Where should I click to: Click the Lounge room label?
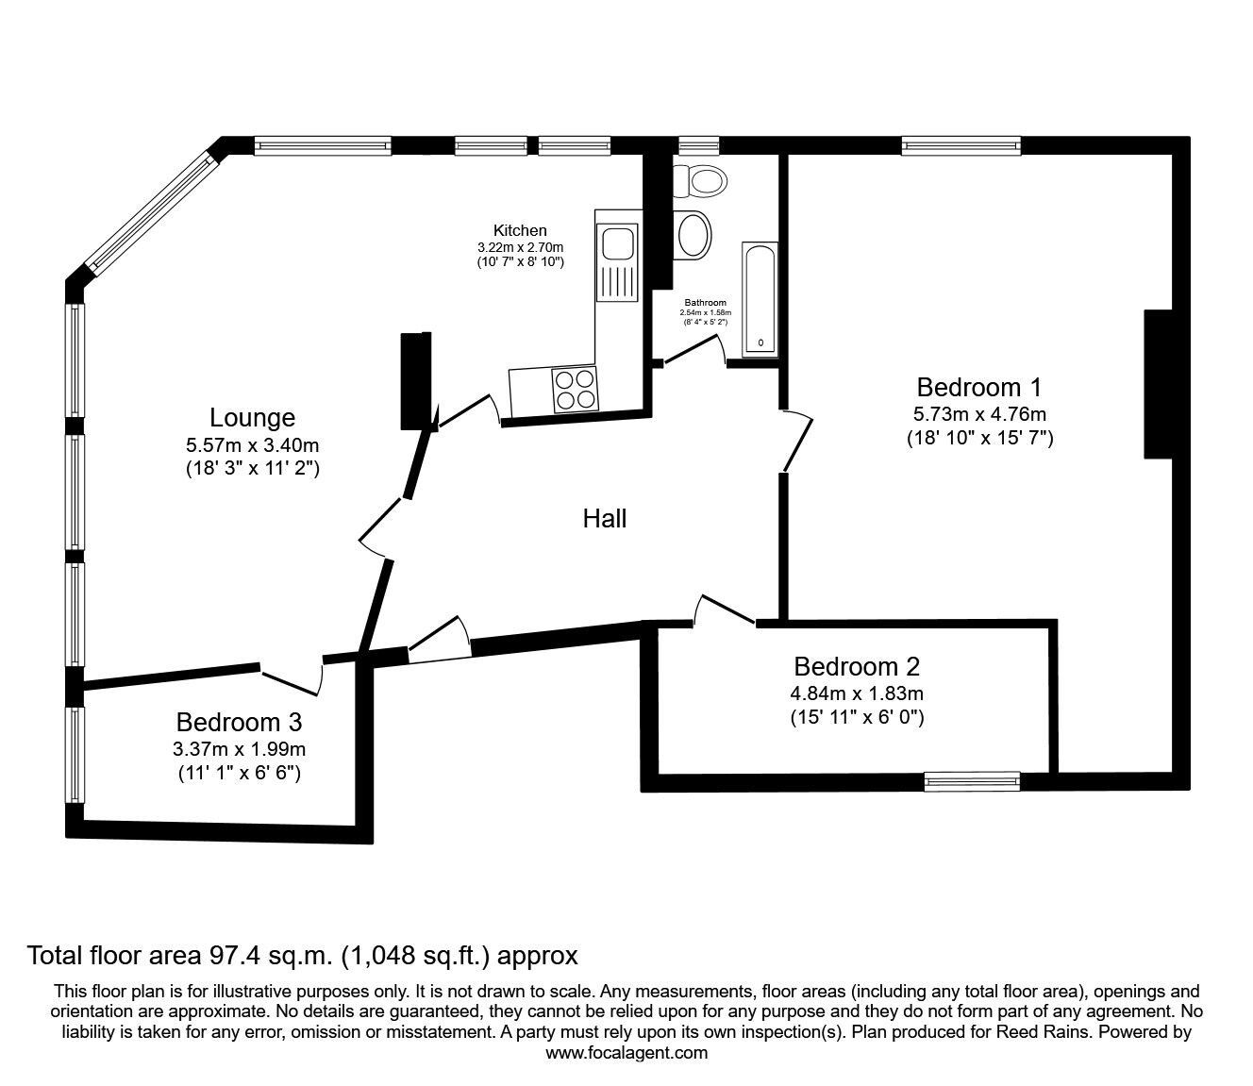(252, 418)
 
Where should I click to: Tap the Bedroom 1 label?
(979, 387)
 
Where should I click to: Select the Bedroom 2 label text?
(856, 667)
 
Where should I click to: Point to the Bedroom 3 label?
(239, 723)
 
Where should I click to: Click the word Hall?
(605, 518)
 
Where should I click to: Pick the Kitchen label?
(520, 230)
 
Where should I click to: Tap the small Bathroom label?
(706, 303)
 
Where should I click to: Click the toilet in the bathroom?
(699, 178)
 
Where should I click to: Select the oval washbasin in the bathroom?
(694, 233)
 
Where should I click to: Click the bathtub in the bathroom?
(760, 299)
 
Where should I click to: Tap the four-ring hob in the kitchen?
(575, 389)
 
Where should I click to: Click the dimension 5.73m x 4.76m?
(979, 413)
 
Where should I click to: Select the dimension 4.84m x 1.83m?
(856, 693)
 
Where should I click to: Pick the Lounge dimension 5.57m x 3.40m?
(252, 444)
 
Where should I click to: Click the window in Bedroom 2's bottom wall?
(972, 780)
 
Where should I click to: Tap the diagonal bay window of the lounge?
(150, 211)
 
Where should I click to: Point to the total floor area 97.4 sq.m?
(302, 955)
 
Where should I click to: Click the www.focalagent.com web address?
(626, 1052)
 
